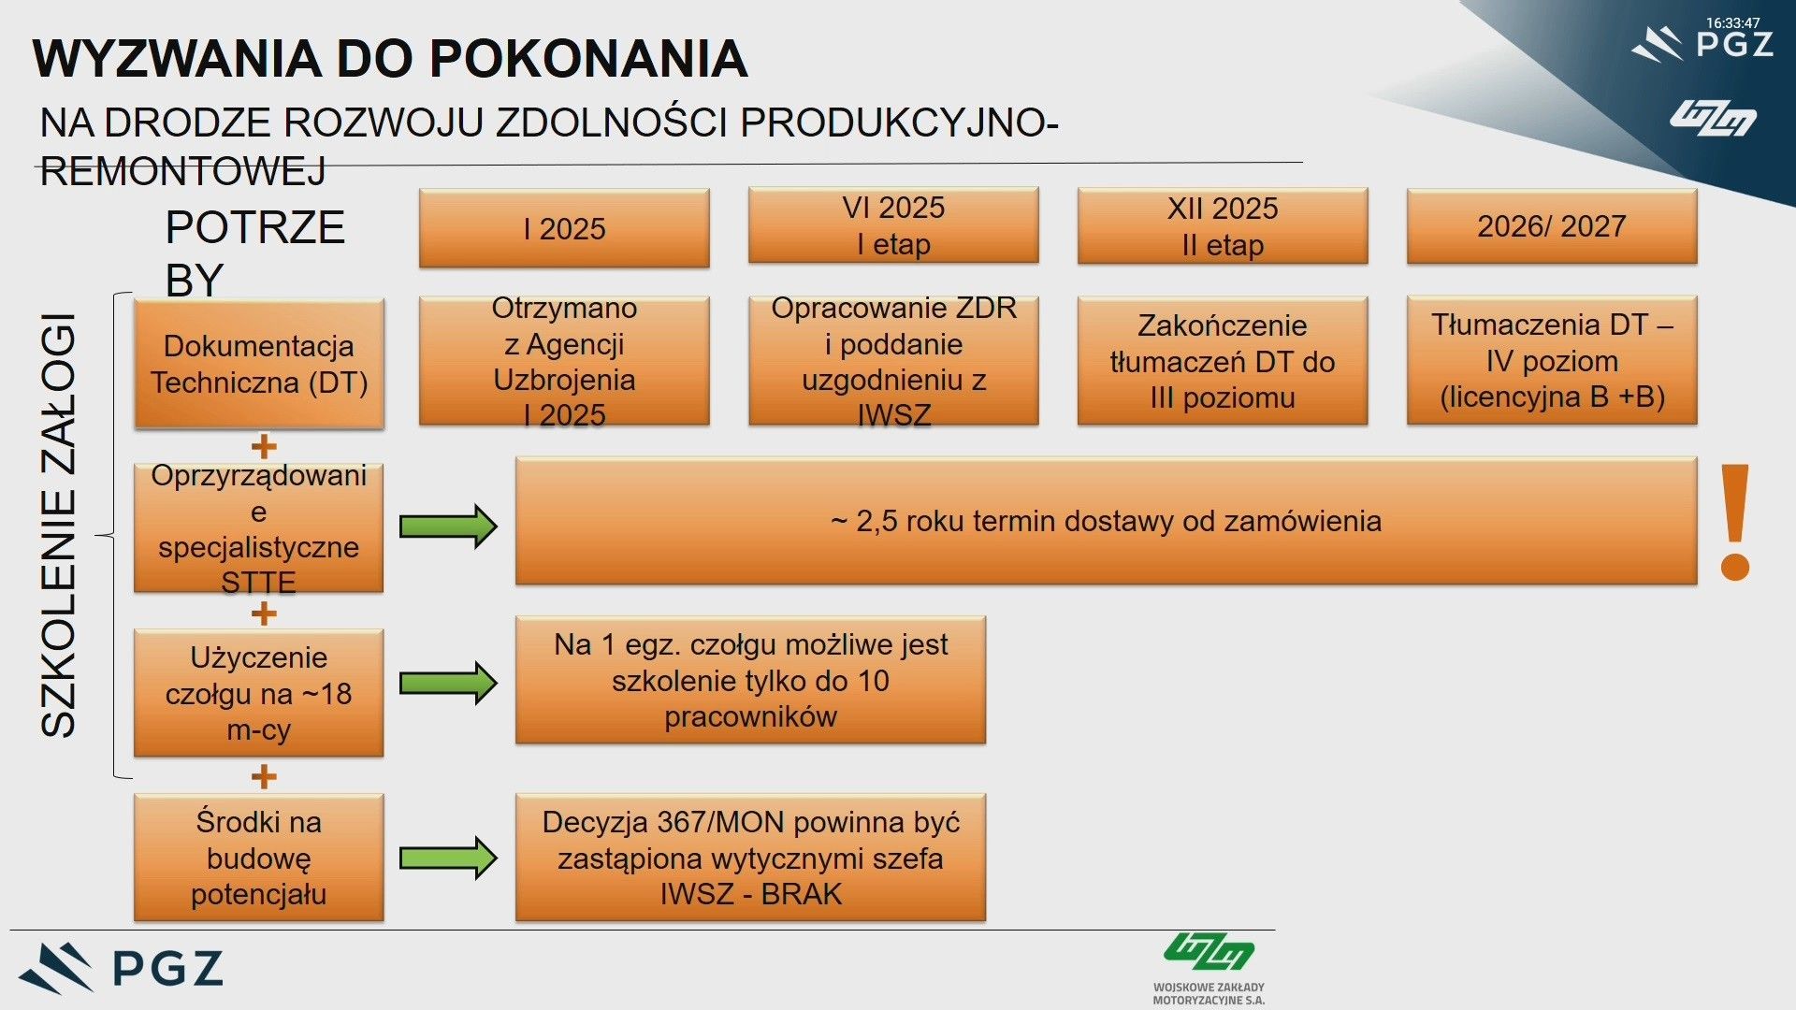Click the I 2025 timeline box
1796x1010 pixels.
(564, 228)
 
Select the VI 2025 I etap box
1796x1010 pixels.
(893, 225)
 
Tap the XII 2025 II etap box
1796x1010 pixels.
(1223, 225)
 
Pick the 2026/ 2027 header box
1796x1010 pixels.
(1552, 225)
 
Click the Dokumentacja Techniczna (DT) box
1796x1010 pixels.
(259, 364)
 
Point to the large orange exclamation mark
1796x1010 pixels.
(1735, 522)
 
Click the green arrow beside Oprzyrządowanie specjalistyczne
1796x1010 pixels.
(448, 527)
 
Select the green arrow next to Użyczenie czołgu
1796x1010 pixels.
(448, 683)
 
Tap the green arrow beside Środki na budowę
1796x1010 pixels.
(448, 858)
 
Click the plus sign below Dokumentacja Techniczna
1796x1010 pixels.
(264, 446)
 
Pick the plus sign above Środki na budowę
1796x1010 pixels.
(264, 776)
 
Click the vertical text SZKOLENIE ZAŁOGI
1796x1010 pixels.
(58, 526)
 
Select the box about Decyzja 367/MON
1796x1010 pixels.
(750, 858)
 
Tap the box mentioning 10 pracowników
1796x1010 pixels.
(750, 680)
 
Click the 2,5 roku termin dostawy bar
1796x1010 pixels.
(1106, 521)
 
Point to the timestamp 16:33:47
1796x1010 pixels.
(1732, 22)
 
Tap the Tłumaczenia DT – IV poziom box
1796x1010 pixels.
(1552, 360)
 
